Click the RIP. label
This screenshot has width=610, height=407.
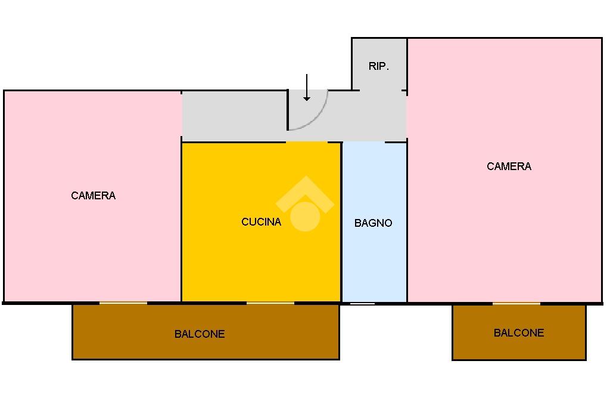(379, 66)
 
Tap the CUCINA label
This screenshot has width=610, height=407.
(261, 222)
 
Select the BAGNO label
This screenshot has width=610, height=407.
(373, 223)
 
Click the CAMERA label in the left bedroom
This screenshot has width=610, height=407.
(93, 196)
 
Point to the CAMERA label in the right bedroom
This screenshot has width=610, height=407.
(509, 166)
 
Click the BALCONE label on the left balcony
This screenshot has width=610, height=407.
(200, 334)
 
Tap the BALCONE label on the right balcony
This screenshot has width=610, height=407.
(518, 333)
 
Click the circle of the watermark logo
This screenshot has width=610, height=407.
(305, 216)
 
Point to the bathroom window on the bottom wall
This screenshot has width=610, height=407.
(362, 304)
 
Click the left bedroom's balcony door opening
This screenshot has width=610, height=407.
(123, 303)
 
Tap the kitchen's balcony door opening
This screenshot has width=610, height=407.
(270, 303)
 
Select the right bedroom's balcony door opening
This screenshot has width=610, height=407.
(516, 303)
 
